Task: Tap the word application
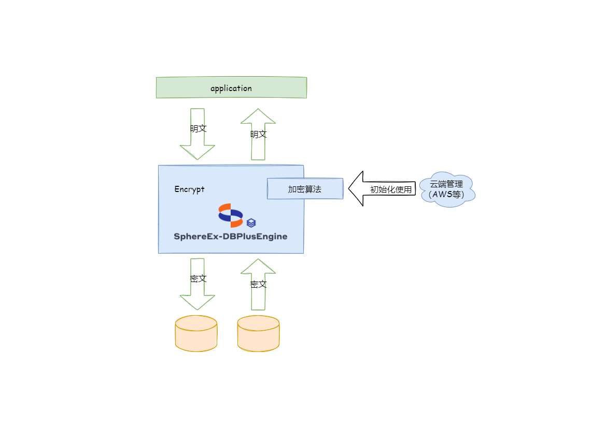pos(231,88)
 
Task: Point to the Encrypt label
pos(189,189)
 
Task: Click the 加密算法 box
pos(305,189)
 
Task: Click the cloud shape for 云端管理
pos(447,190)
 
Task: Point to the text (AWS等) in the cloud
pos(447,195)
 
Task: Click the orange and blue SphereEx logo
pos(231,215)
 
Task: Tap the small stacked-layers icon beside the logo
pos(251,223)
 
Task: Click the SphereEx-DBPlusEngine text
pos(231,237)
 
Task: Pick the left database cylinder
pos(196,334)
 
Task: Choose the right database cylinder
pos(258,334)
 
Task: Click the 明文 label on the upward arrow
pos(258,134)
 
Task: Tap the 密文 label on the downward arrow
pos(198,278)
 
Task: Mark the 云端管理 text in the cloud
pos(447,184)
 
